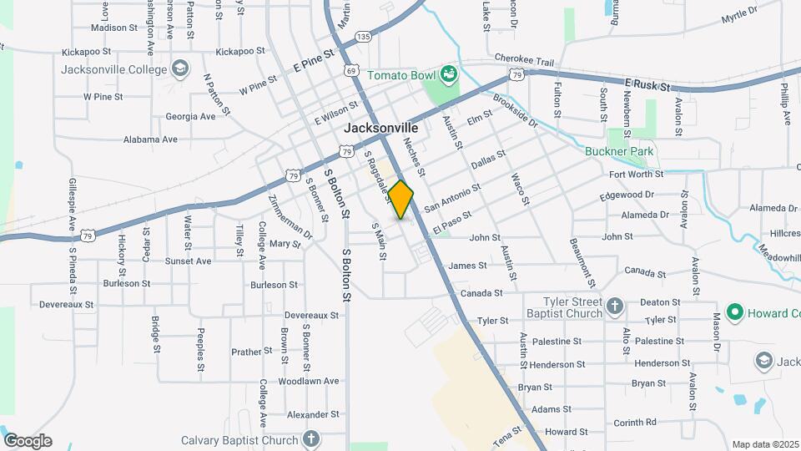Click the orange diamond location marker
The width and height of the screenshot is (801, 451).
click(x=400, y=200)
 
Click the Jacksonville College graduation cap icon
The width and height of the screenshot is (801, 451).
click(x=179, y=68)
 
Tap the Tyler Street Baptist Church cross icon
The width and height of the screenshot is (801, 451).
click(x=616, y=307)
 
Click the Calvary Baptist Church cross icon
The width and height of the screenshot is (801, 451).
click(x=310, y=438)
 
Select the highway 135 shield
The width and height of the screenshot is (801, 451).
click(x=362, y=37)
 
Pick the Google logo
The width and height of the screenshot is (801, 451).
click(x=28, y=441)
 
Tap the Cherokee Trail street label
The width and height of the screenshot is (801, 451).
click(x=524, y=61)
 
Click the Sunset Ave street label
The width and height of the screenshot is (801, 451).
click(x=188, y=261)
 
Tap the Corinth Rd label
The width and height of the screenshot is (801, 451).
click(x=635, y=422)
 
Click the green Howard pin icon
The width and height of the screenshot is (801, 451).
click(x=734, y=313)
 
